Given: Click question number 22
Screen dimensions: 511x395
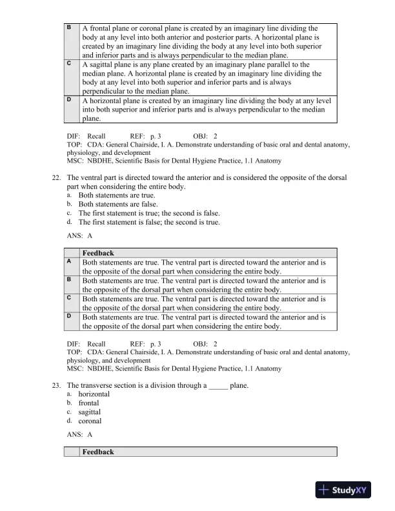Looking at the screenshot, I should pos(55,178).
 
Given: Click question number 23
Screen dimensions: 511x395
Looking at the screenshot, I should pos(55,385).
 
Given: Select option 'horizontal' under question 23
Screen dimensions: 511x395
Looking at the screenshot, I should pos(94,394).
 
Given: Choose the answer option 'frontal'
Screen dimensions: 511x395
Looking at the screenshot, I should pos(89,403).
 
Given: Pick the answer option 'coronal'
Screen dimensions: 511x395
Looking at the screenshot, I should pos(90,421).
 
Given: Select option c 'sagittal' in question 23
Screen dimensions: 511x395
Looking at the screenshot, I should pos(90,412).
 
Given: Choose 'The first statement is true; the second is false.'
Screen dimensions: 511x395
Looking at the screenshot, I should pos(149,213).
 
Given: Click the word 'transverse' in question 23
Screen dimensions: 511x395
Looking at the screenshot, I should pos(98,385).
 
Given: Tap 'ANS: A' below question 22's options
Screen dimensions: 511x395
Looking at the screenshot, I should pos(76,236).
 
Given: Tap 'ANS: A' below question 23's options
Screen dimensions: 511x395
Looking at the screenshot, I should pos(76,435).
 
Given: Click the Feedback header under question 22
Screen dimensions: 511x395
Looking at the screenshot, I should pos(98,254).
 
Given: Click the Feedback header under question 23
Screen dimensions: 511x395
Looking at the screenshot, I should pos(98,452).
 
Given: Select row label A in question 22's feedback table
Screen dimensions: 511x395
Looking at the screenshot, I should pos(69,262).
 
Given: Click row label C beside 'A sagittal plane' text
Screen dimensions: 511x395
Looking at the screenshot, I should pos(69,65).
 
